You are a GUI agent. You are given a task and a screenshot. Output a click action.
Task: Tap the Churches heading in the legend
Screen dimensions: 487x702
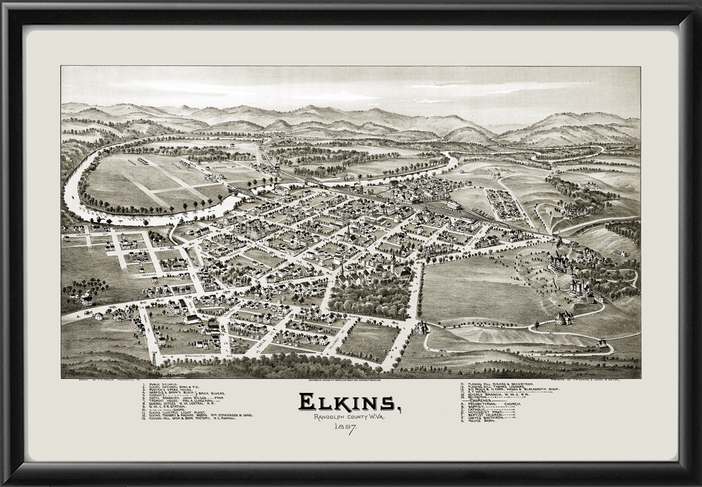480,401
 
